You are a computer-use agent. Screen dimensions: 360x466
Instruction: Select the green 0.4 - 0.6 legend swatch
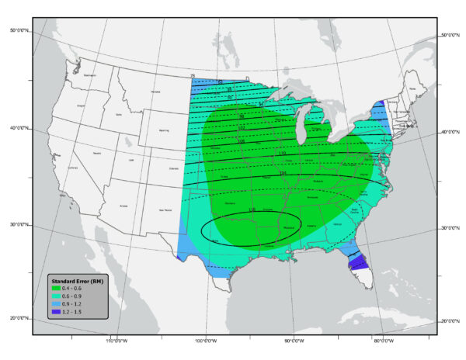click(x=55, y=289)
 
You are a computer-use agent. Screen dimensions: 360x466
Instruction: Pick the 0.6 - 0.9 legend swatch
click(x=55, y=296)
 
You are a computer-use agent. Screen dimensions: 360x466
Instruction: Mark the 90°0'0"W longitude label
click(x=294, y=340)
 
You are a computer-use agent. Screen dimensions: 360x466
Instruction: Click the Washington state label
click(x=90, y=75)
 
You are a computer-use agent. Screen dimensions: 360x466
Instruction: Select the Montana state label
click(x=155, y=92)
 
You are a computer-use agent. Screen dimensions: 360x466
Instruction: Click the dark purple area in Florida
click(x=359, y=264)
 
